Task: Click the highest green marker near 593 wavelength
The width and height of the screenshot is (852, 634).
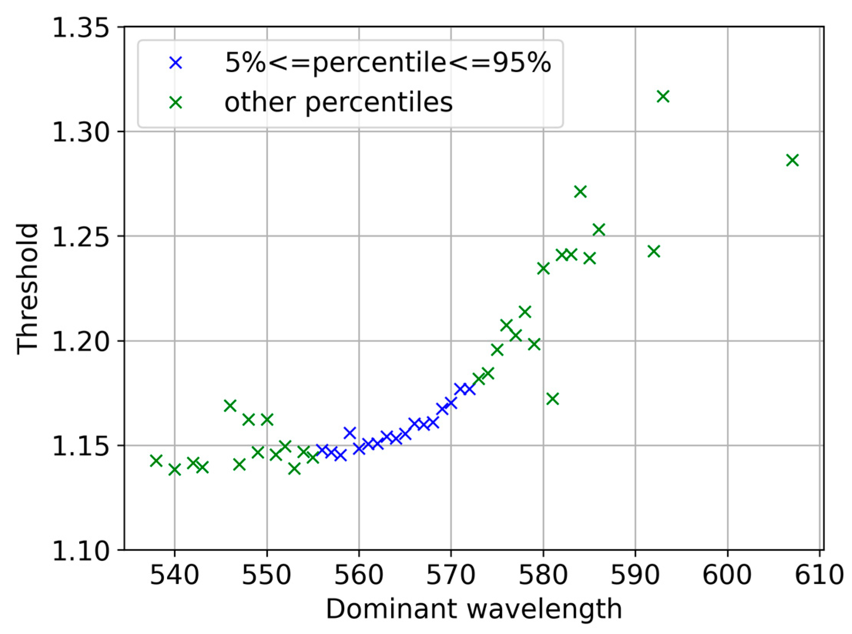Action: [663, 96]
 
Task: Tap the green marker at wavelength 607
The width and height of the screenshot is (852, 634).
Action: [792, 160]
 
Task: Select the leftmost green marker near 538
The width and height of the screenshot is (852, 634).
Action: [156, 460]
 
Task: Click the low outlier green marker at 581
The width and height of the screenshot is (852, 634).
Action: [552, 399]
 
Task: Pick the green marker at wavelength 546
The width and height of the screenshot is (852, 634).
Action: [230, 406]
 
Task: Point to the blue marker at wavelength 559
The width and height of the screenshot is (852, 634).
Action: [350, 433]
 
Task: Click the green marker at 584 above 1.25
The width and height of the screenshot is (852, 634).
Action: [580, 191]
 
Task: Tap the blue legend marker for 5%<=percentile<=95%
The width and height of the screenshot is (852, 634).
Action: [176, 63]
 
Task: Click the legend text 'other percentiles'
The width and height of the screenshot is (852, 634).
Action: [338, 102]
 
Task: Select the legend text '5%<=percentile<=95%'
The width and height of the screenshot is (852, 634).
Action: [388, 62]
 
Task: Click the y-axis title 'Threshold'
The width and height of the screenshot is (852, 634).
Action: [28, 289]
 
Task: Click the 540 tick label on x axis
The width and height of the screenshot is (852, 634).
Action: [174, 575]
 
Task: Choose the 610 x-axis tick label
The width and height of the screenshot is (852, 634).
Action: [819, 575]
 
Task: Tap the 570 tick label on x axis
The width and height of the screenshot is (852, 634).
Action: [450, 575]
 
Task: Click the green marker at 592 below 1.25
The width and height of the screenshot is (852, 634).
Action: [654, 252]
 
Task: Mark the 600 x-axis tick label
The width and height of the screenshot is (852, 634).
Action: [727, 575]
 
